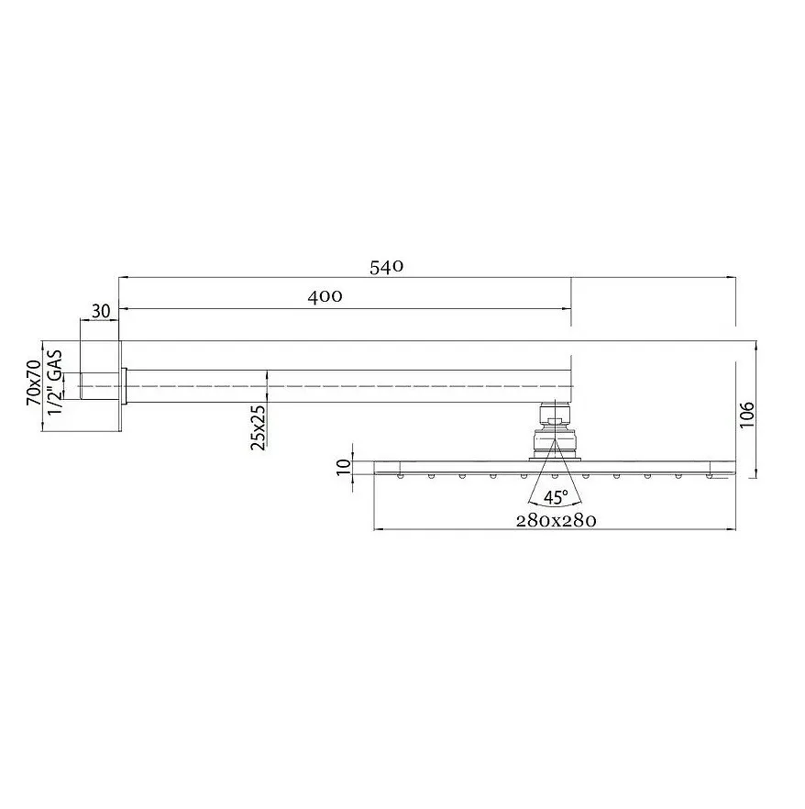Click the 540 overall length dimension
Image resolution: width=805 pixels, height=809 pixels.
tap(386, 268)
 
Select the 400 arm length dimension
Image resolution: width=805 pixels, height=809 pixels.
tap(325, 296)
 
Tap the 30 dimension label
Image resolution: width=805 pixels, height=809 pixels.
tap(101, 310)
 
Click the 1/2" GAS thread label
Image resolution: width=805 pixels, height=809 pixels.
tap(56, 382)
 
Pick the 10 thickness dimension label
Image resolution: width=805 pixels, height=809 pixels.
tap(343, 467)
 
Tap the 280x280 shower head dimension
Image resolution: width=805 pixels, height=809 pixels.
tap(556, 520)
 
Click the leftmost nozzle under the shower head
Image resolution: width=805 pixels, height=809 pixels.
tap(402, 475)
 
